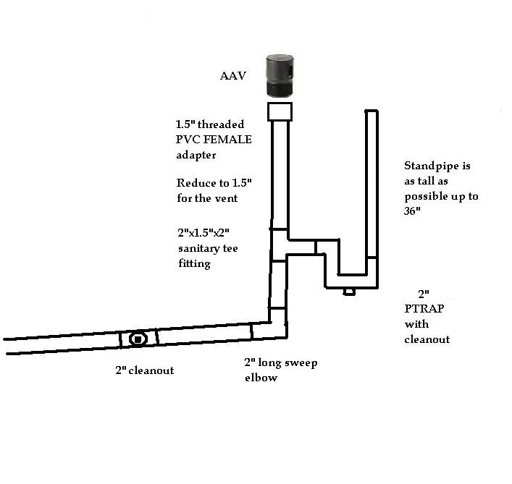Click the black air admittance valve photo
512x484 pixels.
(x=280, y=77)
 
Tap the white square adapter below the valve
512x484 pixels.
(x=280, y=111)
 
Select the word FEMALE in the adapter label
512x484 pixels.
(x=230, y=140)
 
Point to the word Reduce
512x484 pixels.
(x=195, y=182)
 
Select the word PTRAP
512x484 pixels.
(x=422, y=309)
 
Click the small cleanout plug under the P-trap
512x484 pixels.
(x=349, y=292)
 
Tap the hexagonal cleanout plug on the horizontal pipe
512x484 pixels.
(x=138, y=339)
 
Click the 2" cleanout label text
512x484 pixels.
(x=144, y=370)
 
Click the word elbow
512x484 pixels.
(x=260, y=377)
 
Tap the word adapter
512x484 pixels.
(x=196, y=155)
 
